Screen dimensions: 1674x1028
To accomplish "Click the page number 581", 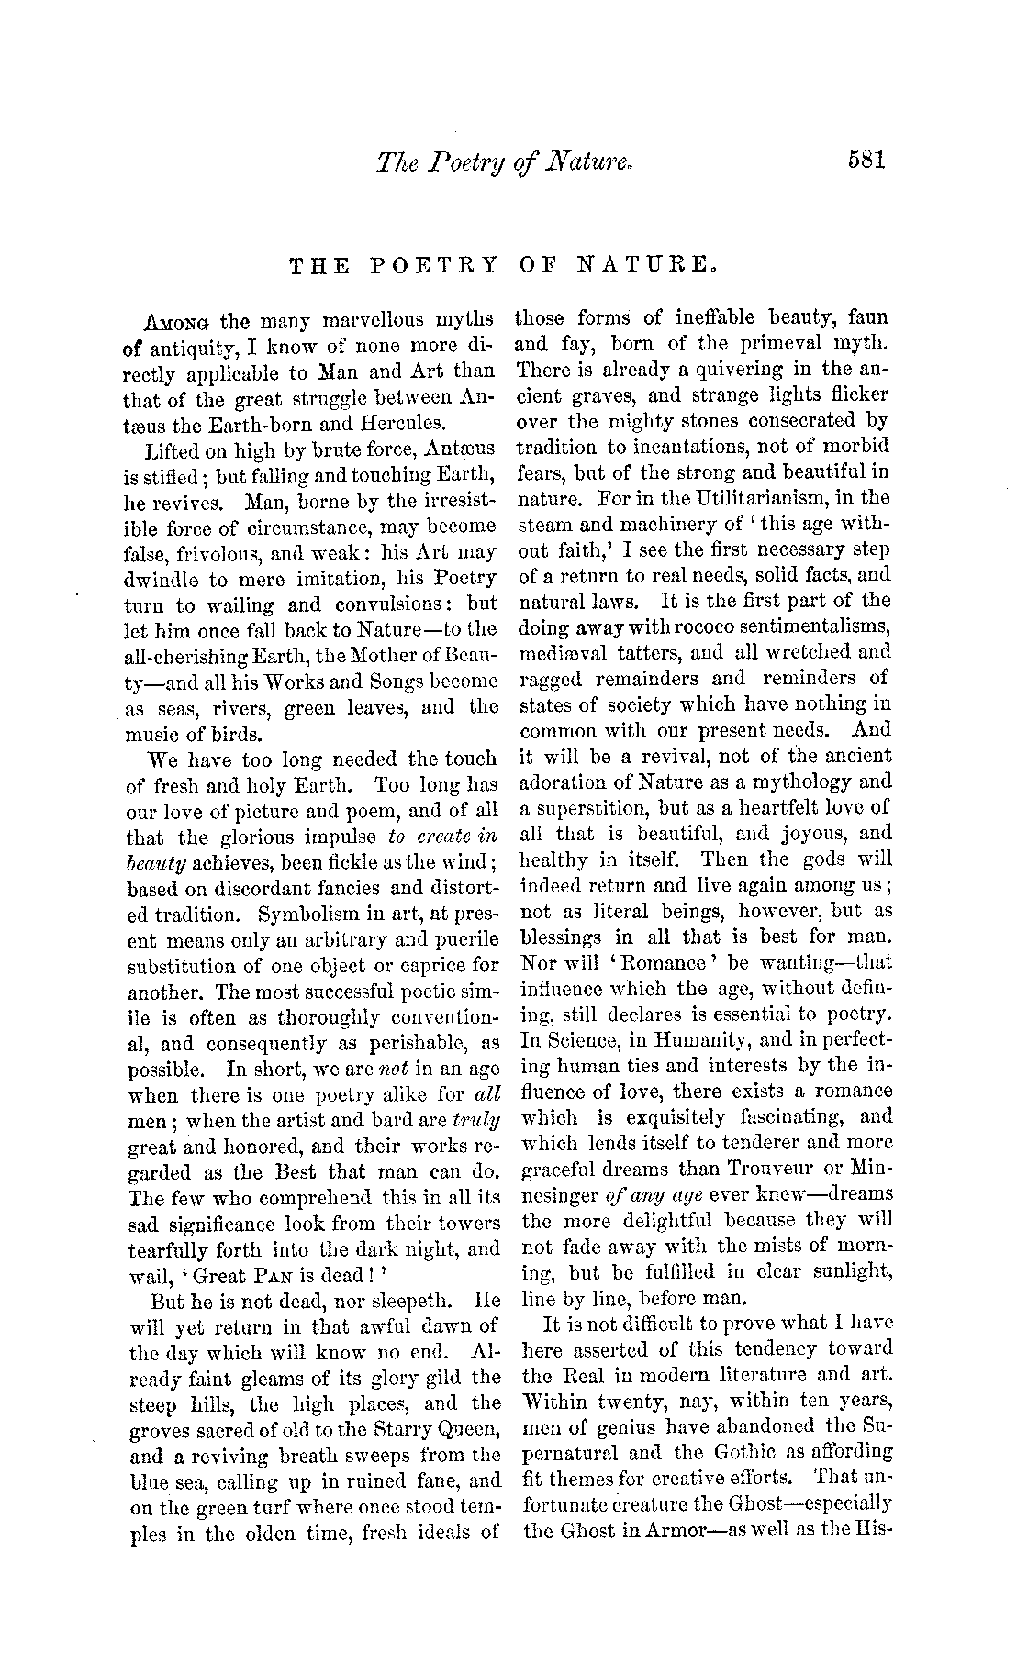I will pyautogui.click(x=865, y=161).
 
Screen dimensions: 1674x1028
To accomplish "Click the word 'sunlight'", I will pyautogui.click(x=848, y=1272).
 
